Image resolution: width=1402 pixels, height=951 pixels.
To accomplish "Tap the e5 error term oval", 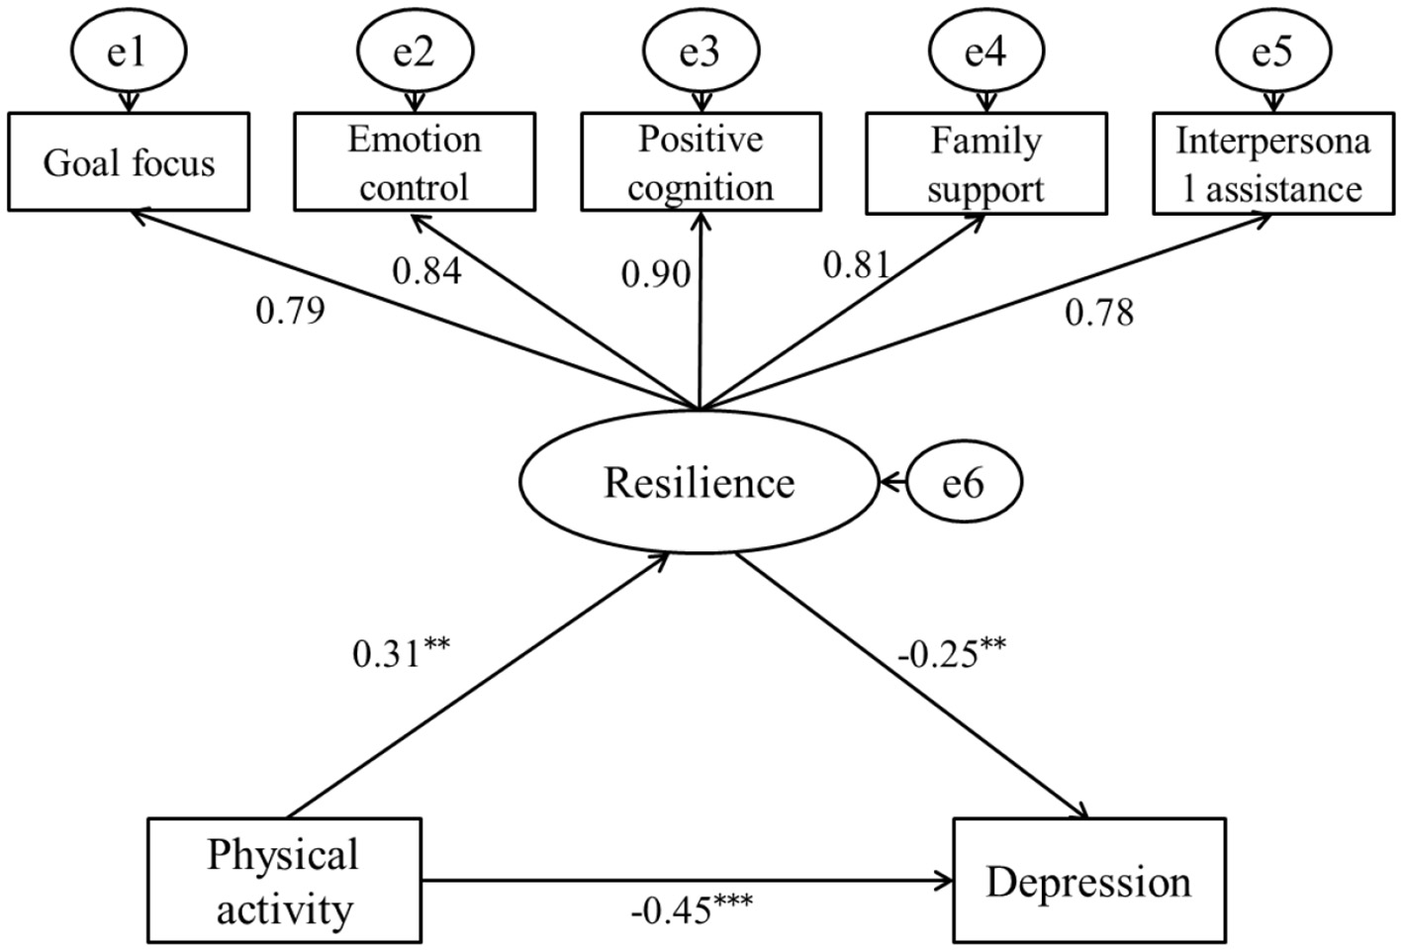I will [x=1272, y=50].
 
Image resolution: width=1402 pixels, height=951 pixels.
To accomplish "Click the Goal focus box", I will [x=129, y=162].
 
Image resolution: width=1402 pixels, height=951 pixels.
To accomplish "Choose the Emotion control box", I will [x=415, y=162].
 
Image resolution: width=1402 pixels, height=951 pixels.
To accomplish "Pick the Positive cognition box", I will [x=701, y=162].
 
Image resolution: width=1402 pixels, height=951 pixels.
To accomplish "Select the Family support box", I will [x=985, y=163].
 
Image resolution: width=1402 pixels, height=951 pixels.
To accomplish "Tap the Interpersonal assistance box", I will [x=1272, y=163].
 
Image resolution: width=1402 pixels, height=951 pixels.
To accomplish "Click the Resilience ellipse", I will [x=699, y=483].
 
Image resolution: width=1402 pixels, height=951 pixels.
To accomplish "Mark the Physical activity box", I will [x=284, y=880].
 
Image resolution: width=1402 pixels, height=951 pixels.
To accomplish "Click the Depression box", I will [x=1088, y=881].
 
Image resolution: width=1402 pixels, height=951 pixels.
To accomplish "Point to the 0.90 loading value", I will [x=655, y=273].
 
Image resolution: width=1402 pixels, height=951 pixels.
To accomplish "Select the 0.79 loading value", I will [x=290, y=311].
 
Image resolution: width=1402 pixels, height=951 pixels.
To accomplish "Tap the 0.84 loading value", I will [x=426, y=270].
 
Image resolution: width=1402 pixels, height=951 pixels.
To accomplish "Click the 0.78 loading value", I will [x=1099, y=313].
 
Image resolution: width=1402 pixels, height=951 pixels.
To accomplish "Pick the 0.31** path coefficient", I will [x=401, y=651].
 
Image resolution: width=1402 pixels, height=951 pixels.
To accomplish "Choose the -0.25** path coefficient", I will [x=952, y=652].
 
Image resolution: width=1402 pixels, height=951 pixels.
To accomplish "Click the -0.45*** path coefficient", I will [x=691, y=907].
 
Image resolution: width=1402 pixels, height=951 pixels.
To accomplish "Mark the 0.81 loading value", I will [x=857, y=264].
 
